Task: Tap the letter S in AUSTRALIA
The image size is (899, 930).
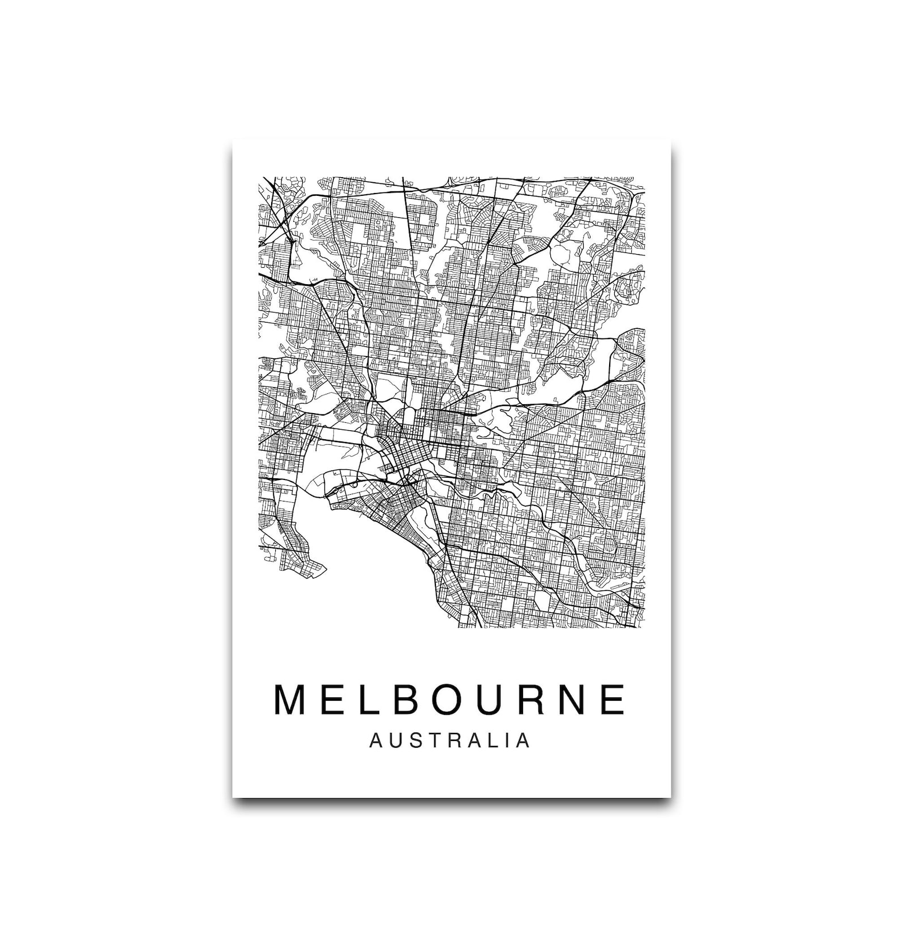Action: click(x=415, y=741)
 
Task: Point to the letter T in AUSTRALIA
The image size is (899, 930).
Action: click(x=433, y=741)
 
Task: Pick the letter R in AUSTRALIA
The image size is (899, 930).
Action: click(x=452, y=741)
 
